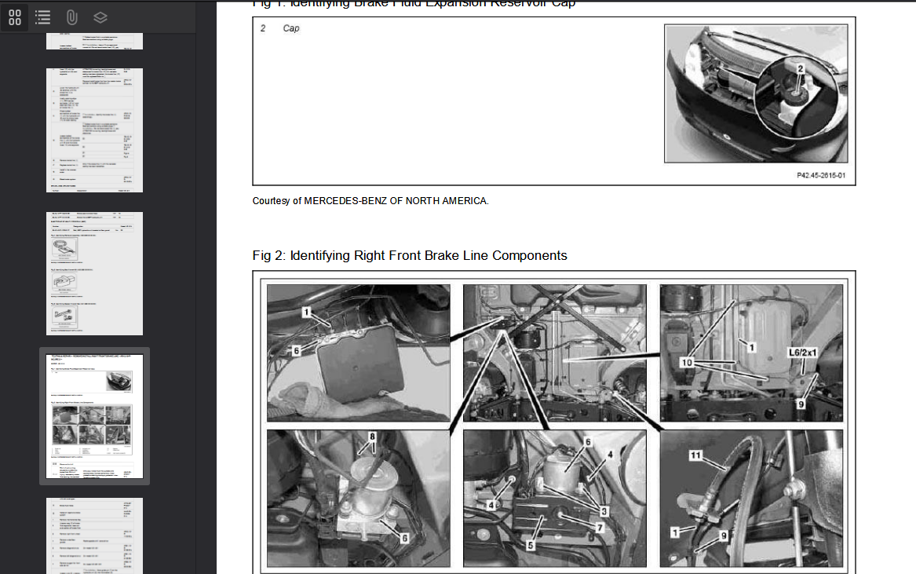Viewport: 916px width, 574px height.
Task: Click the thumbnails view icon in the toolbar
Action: (x=15, y=17)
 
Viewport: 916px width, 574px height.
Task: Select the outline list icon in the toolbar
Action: (x=42, y=17)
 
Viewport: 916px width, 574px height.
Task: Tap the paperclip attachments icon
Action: (x=71, y=17)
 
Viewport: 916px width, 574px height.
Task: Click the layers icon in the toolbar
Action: (x=100, y=17)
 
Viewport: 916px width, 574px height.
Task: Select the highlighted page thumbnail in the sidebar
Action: (x=94, y=416)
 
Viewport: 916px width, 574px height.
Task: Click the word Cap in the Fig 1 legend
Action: (x=291, y=28)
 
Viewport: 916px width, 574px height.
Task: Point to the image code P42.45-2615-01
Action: (x=820, y=176)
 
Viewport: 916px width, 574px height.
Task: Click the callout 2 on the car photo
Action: (x=800, y=69)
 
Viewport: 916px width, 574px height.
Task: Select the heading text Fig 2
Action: (x=271, y=255)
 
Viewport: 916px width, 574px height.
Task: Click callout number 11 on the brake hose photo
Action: (x=695, y=455)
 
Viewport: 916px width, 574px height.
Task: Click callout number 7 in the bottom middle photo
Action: (x=599, y=528)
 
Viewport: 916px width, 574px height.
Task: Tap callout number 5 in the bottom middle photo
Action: (x=531, y=543)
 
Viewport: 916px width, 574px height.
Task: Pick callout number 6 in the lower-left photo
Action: (x=405, y=538)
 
